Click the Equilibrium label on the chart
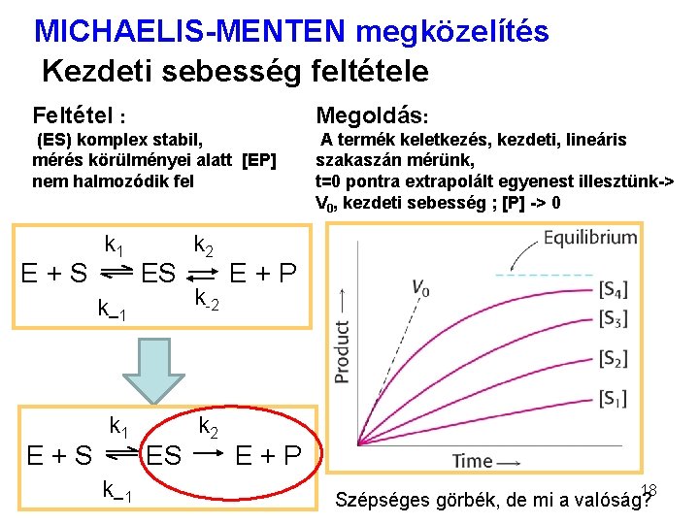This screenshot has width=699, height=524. pos(589,238)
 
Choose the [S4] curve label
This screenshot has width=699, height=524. pos(613,289)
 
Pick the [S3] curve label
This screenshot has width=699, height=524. pos(613,318)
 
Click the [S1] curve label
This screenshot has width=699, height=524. pos(613,398)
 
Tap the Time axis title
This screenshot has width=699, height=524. pos(472,460)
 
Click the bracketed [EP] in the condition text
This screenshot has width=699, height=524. pos(259,160)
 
